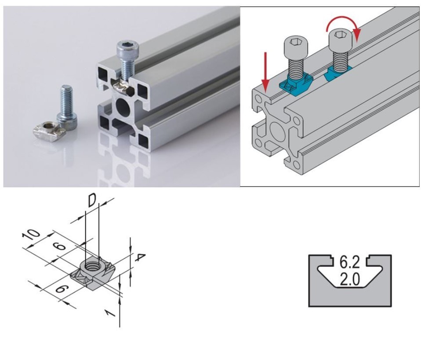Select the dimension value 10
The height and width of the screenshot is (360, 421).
point(31,235)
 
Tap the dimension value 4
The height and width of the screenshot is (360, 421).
point(139,258)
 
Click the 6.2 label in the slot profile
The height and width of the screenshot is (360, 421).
point(349,262)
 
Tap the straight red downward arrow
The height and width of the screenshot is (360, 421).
point(265,72)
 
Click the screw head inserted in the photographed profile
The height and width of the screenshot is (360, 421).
point(125,47)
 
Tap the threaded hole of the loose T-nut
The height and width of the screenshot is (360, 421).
point(49,125)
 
